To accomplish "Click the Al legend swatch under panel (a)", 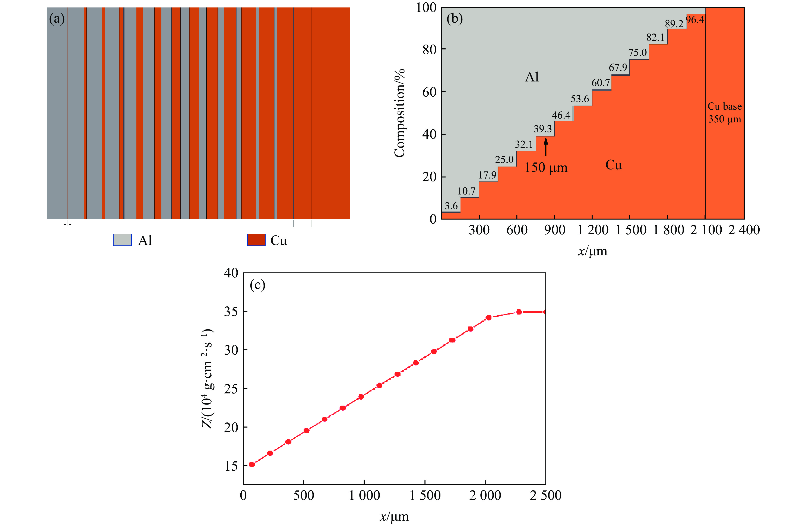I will tap(122, 240).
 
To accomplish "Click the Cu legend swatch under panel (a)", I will tap(256, 240).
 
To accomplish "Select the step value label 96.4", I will tap(695, 20).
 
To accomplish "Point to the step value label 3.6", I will tap(451, 206).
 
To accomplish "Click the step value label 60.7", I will tap(601, 83).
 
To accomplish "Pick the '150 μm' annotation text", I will tap(546, 168).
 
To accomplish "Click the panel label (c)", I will tap(257, 285).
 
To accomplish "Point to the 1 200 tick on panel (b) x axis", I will tap(593, 230).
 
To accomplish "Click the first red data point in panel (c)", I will tap(251, 464).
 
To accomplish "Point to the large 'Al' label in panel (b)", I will tap(532, 77).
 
